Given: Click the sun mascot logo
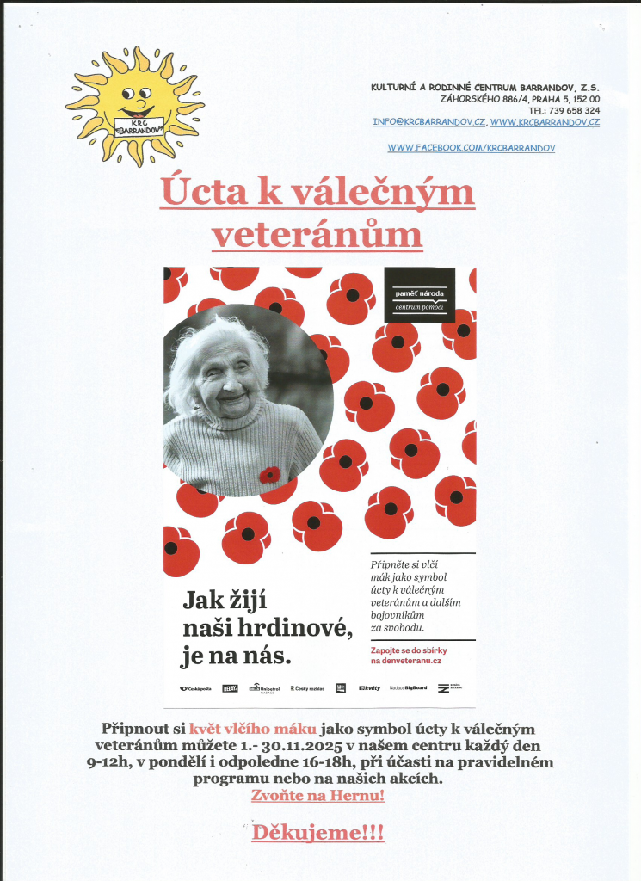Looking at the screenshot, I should click(135, 105).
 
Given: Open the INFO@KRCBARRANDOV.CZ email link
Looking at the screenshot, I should click(429, 122).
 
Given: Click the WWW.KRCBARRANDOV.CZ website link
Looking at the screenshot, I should click(545, 122).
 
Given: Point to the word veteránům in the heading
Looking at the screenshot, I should click(317, 234).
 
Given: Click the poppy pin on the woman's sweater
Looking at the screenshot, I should click(270, 474).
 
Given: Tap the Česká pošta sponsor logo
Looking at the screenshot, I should click(196, 688).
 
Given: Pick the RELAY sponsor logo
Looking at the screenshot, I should click(230, 688).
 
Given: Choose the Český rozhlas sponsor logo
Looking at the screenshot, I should click(306, 688).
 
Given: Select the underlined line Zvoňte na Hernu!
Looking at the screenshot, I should click(317, 796).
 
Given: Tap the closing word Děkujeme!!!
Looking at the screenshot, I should click(317, 833).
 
